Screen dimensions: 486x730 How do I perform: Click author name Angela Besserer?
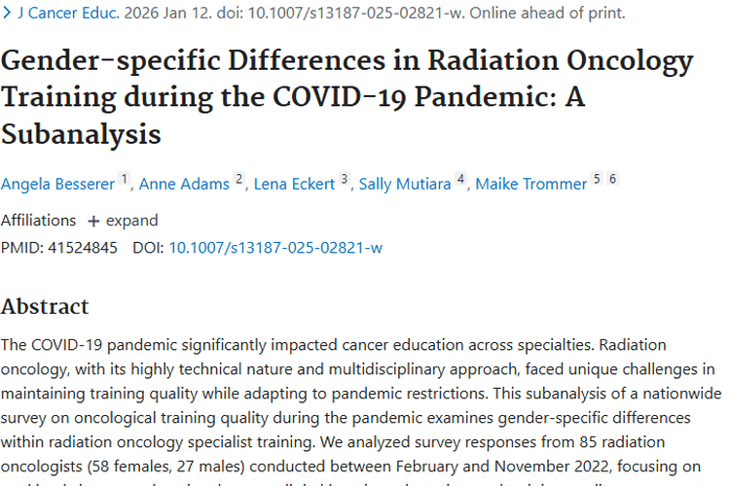click(x=56, y=184)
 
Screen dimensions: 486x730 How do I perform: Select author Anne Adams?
click(x=184, y=184)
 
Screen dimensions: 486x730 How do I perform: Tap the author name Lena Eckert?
click(x=294, y=184)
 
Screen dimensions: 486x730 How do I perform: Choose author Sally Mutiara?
click(x=404, y=184)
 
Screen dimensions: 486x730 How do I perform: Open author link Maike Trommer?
click(x=531, y=184)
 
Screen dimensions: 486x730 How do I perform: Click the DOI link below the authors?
click(x=275, y=247)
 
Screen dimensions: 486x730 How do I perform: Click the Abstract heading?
click(x=45, y=306)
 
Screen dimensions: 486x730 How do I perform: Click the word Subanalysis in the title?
click(x=81, y=132)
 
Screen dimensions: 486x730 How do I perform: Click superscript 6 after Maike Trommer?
click(x=612, y=179)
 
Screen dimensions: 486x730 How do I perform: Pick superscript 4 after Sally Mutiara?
click(x=460, y=180)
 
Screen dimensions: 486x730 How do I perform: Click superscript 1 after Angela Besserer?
click(x=124, y=180)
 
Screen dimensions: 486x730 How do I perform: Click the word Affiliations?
click(x=38, y=220)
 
